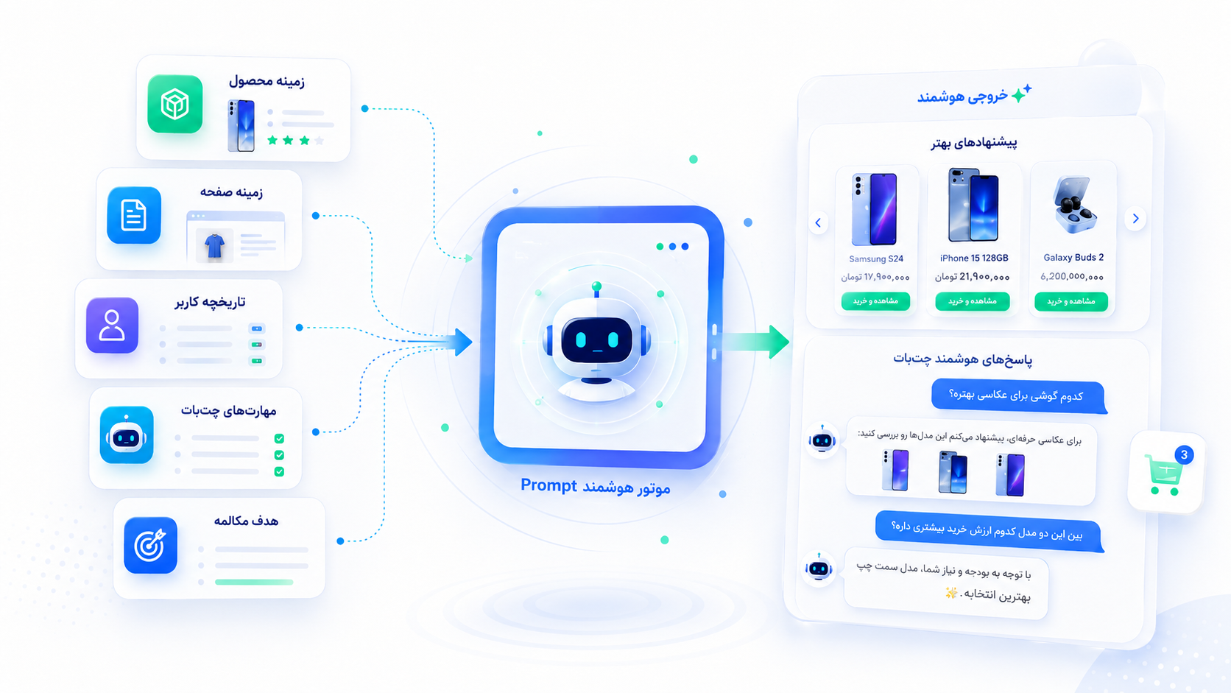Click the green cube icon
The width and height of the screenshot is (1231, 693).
pos(174,104)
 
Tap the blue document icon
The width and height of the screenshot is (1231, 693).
pos(133,215)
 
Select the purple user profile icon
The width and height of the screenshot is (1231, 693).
pos(112,325)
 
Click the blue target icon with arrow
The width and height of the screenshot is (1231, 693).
pos(150,545)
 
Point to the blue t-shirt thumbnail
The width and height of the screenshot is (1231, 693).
pos(214,245)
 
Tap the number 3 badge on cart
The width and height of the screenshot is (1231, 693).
pos(1184,454)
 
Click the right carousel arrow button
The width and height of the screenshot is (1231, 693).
pos(1135,219)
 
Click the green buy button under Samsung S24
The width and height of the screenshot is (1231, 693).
pos(875,301)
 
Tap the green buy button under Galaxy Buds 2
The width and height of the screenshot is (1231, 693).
pos(1071,301)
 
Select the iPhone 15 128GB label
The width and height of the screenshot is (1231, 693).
pos(974,258)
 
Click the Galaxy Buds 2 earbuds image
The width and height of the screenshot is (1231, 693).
pos(1074,205)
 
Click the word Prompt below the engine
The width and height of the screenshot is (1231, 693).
pos(549,485)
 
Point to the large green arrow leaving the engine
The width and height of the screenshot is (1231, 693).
pos(754,342)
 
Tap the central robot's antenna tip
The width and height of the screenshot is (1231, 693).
pos(597,286)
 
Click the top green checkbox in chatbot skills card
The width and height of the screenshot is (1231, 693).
pos(279,438)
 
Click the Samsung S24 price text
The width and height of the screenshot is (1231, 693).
pos(875,277)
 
